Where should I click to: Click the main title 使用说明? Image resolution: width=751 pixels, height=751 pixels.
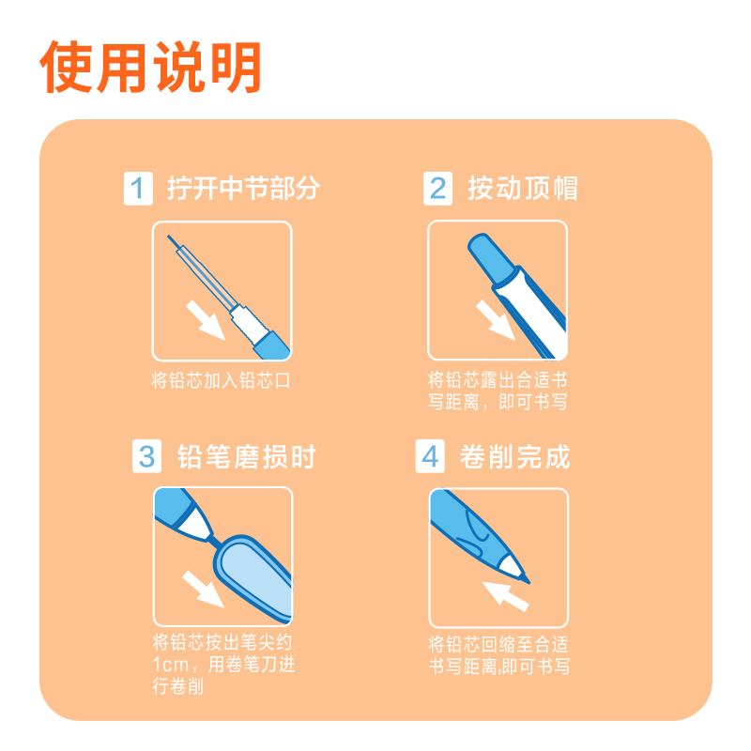click(x=150, y=67)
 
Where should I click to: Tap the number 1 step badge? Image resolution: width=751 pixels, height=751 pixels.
click(x=139, y=189)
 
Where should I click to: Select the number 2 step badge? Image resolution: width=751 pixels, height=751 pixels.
click(x=437, y=189)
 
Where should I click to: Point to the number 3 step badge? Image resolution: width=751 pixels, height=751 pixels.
click(x=147, y=457)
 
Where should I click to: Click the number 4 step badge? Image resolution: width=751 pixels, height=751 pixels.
click(x=430, y=457)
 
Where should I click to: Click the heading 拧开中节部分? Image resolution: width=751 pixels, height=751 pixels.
click(x=243, y=189)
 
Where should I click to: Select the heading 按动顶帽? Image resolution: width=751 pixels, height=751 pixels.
click(x=523, y=189)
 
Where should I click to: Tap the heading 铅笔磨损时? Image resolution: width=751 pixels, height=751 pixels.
click(x=247, y=457)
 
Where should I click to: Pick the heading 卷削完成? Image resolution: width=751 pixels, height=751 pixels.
click(x=515, y=457)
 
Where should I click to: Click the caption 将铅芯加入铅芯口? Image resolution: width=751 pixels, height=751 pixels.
click(x=222, y=380)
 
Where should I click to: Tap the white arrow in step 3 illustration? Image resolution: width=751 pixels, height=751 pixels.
click(x=203, y=588)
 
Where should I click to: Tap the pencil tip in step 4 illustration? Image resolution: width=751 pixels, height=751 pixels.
click(x=517, y=569)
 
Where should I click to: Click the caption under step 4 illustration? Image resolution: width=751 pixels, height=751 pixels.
click(x=498, y=656)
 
